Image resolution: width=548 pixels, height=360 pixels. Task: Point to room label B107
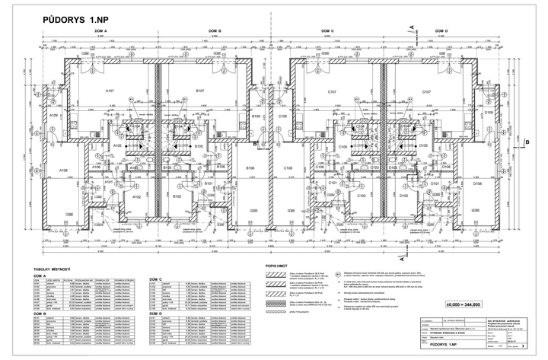(199, 91)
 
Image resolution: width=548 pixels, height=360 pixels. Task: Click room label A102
(137, 196)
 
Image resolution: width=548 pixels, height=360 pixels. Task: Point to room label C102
(362, 195)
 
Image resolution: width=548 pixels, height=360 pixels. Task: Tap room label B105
(197, 145)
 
